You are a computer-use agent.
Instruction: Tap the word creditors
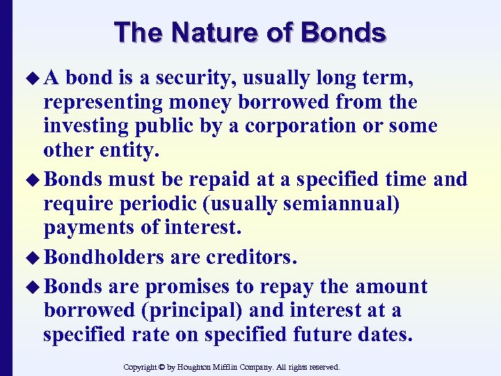coord(251,258)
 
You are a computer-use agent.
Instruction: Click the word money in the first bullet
coord(198,102)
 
